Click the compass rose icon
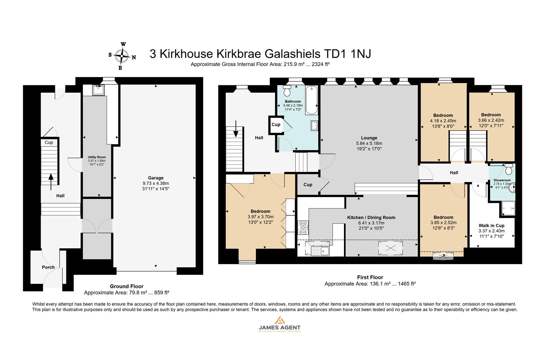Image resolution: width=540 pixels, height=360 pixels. tap(122, 56)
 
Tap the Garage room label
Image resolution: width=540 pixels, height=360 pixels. tap(156, 178)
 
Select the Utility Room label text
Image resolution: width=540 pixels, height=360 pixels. tap(97, 157)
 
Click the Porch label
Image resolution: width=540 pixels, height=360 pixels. tap(48, 267)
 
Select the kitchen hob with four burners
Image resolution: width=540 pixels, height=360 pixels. tap(303, 227)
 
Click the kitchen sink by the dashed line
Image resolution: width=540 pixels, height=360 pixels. tap(320, 250)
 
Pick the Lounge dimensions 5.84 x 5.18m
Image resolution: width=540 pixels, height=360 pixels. tap(369, 143)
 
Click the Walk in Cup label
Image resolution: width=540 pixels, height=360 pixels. tap(491, 225)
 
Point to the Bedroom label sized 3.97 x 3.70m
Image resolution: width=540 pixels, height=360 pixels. tap(260, 211)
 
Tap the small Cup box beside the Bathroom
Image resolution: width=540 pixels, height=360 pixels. tap(276, 125)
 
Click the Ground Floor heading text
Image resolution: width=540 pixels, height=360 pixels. tap(127, 286)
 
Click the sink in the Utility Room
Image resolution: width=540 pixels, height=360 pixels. tap(99, 90)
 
